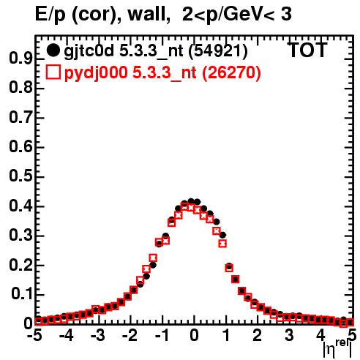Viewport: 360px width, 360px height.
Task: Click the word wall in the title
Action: (x=149, y=15)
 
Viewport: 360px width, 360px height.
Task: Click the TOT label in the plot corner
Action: (x=307, y=50)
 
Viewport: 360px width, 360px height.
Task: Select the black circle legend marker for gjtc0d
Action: (x=53, y=50)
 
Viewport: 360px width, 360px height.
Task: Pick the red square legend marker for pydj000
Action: (x=53, y=72)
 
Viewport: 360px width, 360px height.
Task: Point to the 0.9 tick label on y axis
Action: (x=20, y=59)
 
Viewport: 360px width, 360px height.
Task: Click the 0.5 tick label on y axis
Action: (x=20, y=176)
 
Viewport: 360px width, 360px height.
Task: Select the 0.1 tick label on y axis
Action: (x=22, y=294)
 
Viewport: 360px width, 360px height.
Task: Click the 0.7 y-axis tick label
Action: (x=20, y=117)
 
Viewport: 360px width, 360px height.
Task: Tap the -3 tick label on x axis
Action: (x=98, y=335)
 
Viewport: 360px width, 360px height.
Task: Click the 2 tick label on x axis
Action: (x=258, y=335)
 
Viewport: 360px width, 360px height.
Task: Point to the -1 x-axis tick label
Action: (x=162, y=335)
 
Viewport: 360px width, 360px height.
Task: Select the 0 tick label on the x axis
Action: (x=194, y=335)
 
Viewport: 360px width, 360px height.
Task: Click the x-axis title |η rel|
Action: (x=338, y=349)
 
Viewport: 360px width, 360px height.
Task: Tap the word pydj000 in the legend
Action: (x=96, y=73)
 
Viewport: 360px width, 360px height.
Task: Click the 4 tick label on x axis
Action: (x=320, y=335)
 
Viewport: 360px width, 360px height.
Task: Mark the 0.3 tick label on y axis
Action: (x=20, y=235)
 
